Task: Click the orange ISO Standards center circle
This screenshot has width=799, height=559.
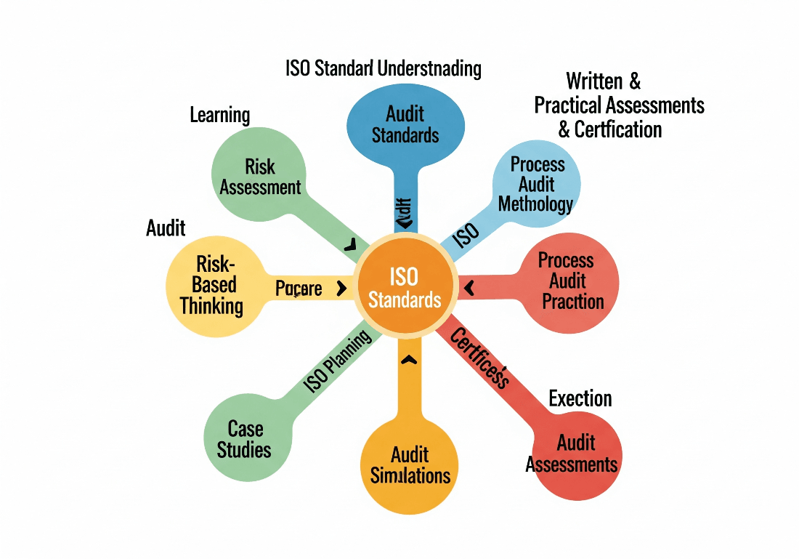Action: point(405,287)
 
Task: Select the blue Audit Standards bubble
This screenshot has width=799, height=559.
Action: point(405,124)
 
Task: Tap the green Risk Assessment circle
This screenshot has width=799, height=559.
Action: point(260,176)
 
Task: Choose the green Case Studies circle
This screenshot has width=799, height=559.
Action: point(244,438)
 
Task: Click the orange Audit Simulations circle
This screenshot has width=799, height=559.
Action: point(410,465)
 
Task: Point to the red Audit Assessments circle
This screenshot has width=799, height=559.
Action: point(572,453)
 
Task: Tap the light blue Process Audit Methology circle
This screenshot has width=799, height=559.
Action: point(536,184)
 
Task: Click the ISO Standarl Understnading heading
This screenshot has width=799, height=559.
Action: point(384,69)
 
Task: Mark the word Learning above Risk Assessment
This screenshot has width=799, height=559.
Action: point(219,115)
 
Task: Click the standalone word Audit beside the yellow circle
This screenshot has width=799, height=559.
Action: point(166,228)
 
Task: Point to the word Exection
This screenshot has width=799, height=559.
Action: point(580,398)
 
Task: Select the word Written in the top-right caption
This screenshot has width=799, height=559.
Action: point(595,81)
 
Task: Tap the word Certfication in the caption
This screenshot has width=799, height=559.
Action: point(618,129)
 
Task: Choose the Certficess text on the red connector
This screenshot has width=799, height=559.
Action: point(479,357)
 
